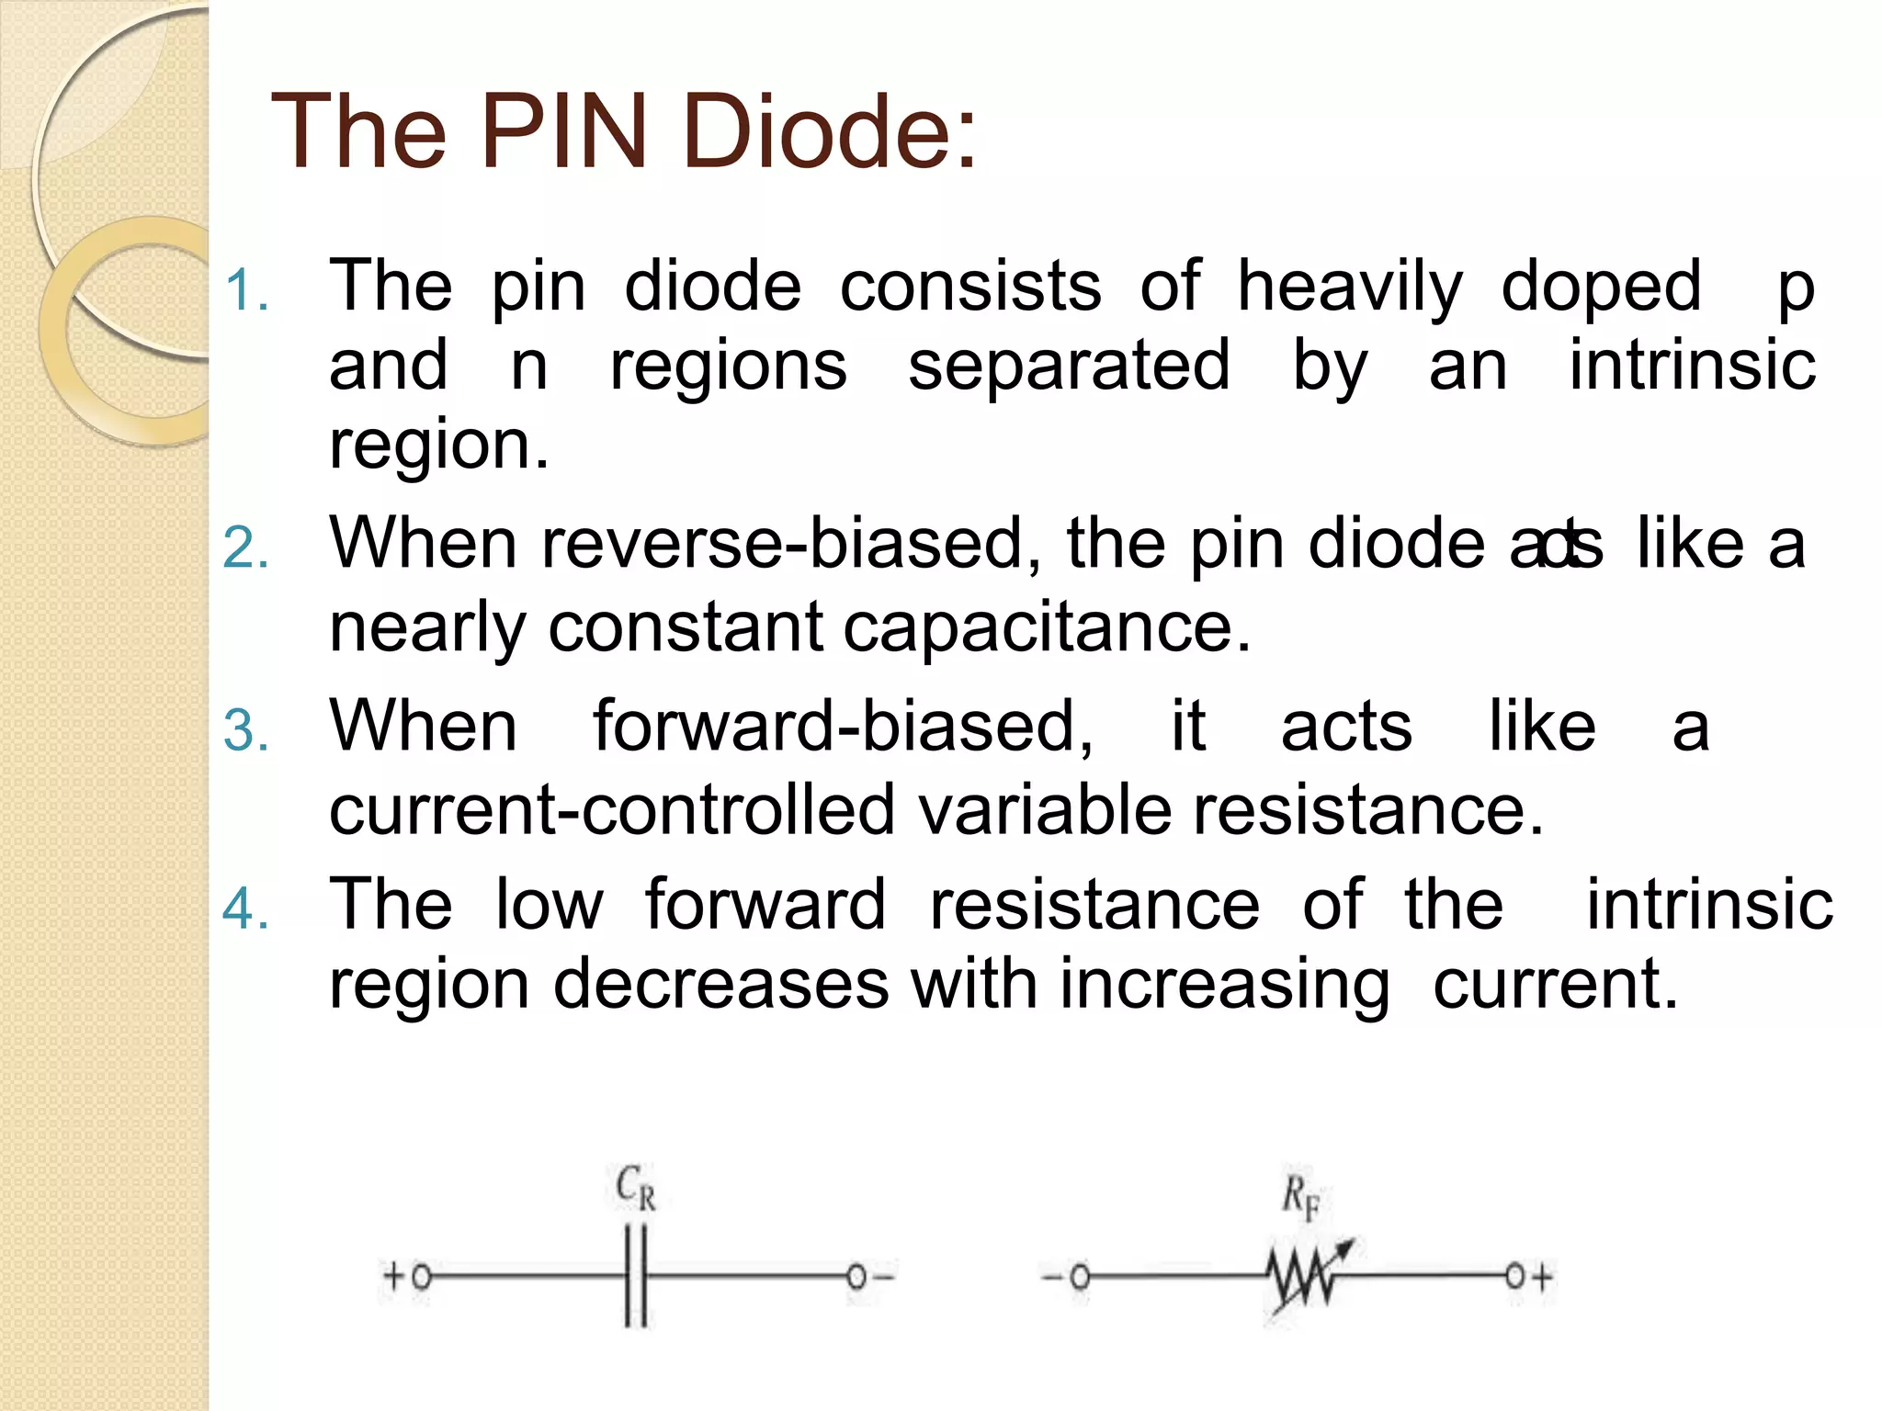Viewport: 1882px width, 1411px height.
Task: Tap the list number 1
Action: (x=245, y=291)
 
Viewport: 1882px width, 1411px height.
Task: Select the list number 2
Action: (x=245, y=548)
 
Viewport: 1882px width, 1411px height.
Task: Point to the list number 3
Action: (x=245, y=732)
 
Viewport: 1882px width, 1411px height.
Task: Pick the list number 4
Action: (x=245, y=909)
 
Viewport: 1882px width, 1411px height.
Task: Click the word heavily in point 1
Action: (x=1349, y=287)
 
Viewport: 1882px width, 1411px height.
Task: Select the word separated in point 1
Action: (x=1068, y=366)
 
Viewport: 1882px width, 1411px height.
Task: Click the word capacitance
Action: (x=1047, y=627)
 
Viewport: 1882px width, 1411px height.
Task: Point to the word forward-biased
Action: (x=842, y=727)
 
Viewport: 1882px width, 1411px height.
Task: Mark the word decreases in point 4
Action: (x=720, y=984)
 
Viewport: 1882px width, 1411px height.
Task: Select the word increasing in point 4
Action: (x=1224, y=986)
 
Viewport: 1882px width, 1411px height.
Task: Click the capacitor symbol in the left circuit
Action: (x=635, y=1277)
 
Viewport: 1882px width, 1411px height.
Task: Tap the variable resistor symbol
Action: (x=1303, y=1277)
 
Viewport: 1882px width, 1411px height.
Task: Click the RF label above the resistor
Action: (x=1301, y=1198)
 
